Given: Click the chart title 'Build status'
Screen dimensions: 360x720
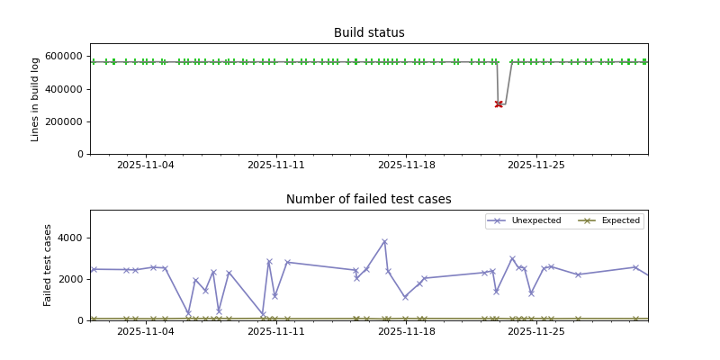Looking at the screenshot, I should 369,33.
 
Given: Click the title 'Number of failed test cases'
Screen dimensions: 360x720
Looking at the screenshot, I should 369,200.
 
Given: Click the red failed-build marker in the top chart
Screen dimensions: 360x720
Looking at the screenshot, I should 499,104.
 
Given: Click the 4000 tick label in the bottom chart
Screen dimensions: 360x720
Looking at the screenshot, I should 71,238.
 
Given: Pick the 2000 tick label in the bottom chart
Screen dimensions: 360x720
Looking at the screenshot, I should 71,279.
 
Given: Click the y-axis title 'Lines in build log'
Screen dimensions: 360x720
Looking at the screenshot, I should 36,99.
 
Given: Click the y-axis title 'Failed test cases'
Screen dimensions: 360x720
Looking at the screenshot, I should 49,265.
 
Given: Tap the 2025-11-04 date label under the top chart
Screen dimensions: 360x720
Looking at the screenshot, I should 146,166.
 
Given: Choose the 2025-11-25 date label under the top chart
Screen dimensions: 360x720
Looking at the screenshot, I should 536,166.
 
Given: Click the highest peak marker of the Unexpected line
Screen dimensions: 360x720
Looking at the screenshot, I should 384,241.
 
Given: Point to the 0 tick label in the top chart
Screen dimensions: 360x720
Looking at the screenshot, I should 80,154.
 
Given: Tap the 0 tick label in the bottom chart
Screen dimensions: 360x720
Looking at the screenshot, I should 80,320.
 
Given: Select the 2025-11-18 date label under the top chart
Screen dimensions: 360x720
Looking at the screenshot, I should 407,166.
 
